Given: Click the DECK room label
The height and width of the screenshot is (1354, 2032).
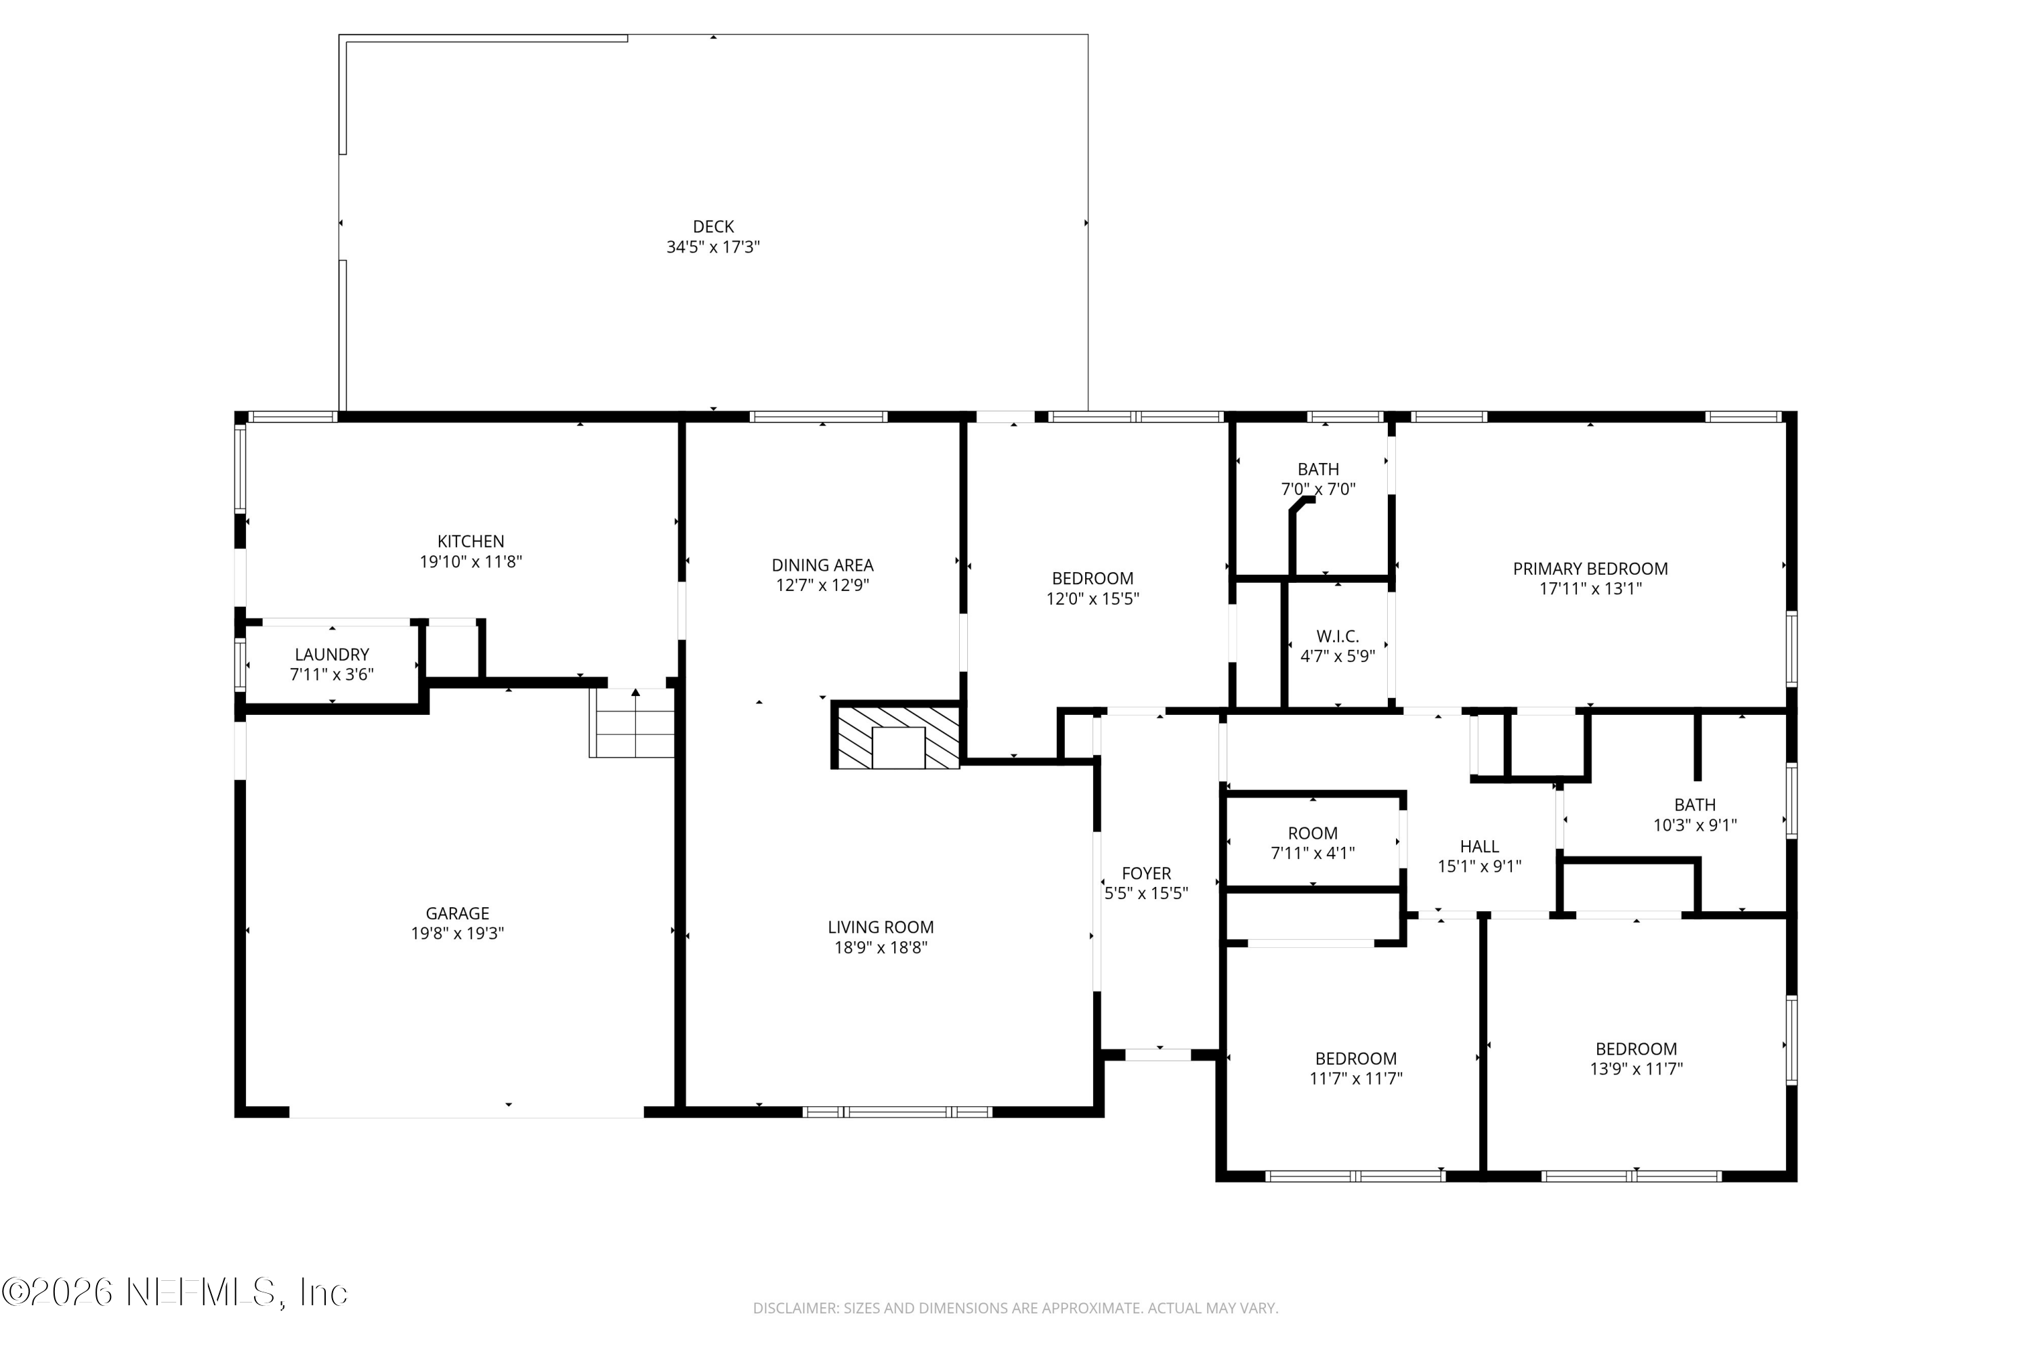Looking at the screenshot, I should pos(713,226).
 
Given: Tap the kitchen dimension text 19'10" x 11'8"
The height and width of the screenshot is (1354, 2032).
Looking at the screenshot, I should pos(471,562).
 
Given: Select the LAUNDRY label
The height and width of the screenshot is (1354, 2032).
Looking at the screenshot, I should pos(332,655).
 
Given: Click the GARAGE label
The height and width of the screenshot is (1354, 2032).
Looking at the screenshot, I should pos(457,913).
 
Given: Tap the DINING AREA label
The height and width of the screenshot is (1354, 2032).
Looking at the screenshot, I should pos(822,565).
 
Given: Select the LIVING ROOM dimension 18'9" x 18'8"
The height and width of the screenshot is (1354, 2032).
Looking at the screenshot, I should pos(881,947).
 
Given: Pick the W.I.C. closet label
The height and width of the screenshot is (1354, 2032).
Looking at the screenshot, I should pos(1337,636).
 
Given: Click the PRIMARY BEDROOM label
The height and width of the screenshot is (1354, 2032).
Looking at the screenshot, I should pos(1590,568).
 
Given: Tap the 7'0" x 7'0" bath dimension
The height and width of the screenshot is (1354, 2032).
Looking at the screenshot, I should pos(1317,489).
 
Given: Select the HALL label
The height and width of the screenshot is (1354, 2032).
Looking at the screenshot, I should pos(1479,846).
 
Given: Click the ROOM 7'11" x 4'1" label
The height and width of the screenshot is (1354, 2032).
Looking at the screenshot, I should pos(1313,833).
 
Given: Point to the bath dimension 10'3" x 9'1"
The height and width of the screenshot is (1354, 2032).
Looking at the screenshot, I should pos(1694,825).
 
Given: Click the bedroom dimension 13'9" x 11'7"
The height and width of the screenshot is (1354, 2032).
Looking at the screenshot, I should pos(1636,1068).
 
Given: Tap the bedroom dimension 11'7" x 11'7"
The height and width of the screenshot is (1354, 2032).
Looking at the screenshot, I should pos(1355,1078).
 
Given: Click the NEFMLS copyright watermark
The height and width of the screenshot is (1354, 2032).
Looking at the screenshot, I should pos(175,1292).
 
